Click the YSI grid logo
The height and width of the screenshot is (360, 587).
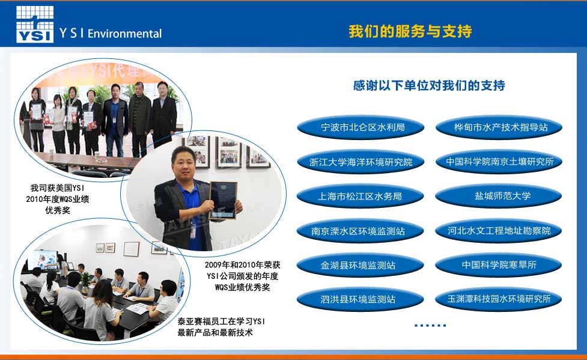35,23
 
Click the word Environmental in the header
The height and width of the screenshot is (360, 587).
124,34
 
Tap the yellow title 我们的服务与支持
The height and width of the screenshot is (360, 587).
410,31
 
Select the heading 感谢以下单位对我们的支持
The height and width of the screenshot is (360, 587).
429,85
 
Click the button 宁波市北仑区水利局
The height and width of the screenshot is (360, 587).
360,127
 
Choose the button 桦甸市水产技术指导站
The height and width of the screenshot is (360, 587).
499,127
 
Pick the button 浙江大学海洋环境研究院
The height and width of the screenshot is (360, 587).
360,162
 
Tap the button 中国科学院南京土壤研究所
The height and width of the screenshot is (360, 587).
499,162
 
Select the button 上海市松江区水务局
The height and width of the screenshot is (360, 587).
360,197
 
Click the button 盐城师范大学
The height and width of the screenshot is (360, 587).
499,196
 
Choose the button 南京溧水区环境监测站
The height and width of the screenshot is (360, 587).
360,231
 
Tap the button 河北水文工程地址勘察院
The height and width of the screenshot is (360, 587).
499,231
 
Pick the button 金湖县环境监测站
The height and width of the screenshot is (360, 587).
360,265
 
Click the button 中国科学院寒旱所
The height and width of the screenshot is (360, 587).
499,265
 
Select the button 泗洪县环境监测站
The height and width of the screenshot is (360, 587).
360,299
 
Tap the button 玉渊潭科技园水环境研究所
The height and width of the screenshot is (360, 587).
499,299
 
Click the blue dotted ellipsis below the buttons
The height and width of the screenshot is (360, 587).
430,325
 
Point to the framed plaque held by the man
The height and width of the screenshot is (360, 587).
223,200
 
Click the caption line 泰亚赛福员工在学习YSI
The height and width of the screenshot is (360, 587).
221,322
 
